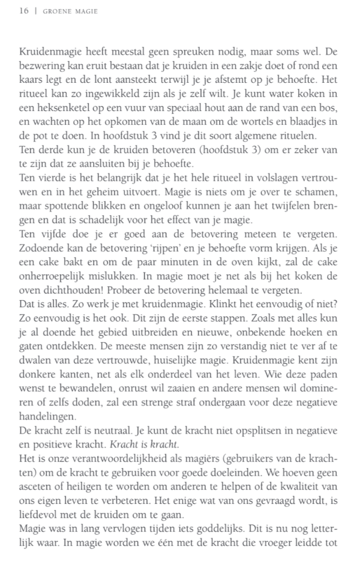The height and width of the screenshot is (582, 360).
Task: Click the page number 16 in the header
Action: point(24,11)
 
